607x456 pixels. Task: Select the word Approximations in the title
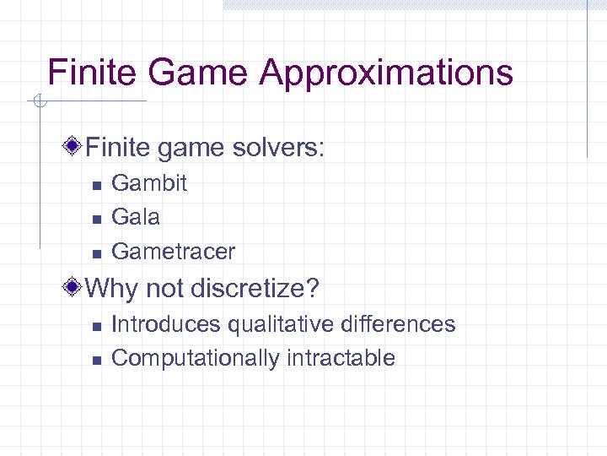[386, 73]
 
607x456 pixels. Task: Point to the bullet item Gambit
[149, 183]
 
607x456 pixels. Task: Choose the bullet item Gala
[136, 217]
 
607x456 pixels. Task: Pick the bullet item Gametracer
[173, 251]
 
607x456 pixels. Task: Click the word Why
[113, 289]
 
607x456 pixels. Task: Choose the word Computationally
[196, 358]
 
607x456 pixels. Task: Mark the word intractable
[341, 358]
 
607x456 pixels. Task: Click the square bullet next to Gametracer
[96, 252]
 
